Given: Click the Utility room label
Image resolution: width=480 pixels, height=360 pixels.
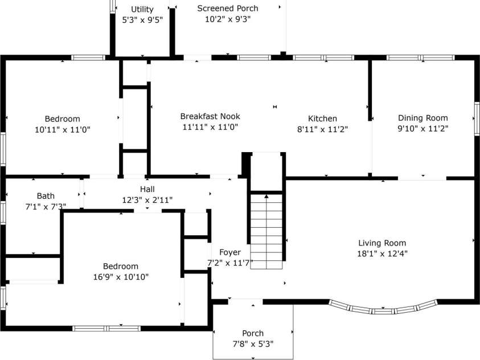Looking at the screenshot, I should [142, 9].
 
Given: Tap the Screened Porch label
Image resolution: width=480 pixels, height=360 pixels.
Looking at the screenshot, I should [227, 8].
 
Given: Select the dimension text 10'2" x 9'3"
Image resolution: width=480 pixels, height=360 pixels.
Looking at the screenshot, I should [227, 19].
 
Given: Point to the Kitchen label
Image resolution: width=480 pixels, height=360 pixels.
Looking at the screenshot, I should [322, 118].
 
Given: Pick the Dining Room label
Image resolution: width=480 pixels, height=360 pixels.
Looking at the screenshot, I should [422, 118].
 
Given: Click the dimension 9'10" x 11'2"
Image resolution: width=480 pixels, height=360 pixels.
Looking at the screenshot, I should [422, 129].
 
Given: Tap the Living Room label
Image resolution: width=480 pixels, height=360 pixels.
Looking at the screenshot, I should [382, 243].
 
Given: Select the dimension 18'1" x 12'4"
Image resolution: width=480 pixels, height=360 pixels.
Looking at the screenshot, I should [382, 253].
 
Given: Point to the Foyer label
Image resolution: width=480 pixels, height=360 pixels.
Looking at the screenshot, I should [230, 252].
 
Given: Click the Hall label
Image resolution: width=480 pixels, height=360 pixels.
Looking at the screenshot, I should [147, 189].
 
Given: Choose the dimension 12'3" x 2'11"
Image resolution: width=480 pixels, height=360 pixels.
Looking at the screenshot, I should [147, 200].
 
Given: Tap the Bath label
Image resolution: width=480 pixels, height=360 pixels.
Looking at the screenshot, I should [46, 196].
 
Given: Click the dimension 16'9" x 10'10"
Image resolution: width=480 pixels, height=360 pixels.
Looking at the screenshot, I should [120, 277].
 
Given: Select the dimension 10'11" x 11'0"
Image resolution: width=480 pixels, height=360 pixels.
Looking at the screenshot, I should [63, 129].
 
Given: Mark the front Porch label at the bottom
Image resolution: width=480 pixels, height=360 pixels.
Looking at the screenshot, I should [253, 333].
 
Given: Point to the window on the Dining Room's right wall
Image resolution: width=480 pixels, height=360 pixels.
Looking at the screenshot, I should [476, 118].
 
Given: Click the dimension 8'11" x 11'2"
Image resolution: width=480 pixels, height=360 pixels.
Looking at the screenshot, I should [322, 129].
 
